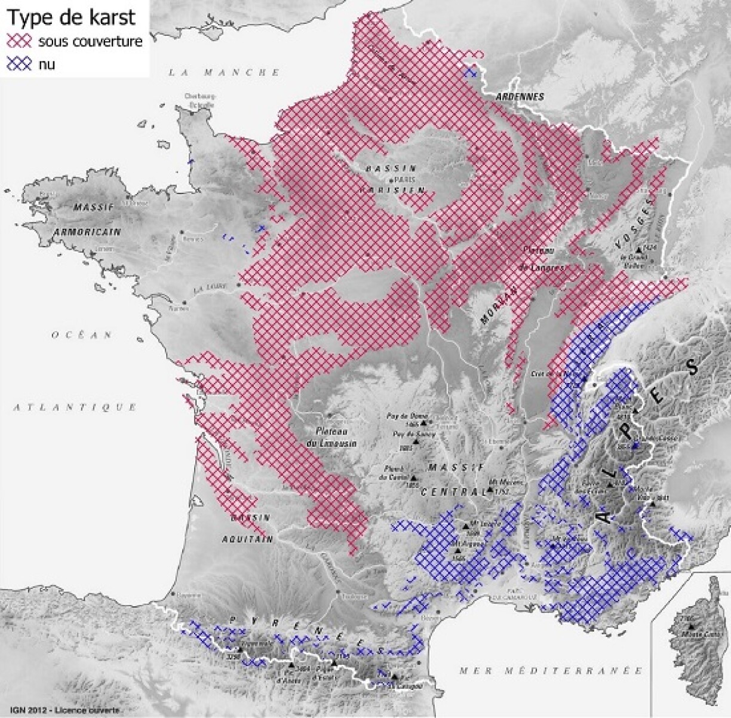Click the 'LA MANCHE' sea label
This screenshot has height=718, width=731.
[x=223, y=72]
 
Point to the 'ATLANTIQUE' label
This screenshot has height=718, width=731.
[x=75, y=407]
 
